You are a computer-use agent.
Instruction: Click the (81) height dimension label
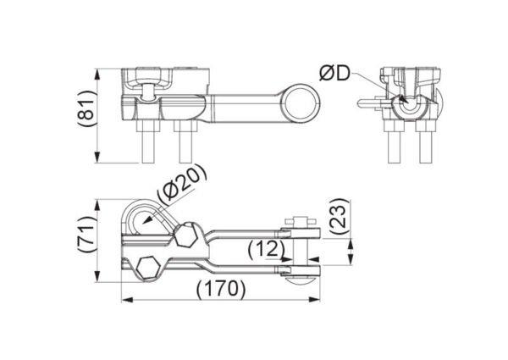(87, 108)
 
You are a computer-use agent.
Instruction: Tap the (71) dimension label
(87, 234)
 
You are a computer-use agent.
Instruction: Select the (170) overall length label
(221, 288)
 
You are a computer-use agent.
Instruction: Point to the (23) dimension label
(340, 217)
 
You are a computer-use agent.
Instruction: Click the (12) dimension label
(267, 250)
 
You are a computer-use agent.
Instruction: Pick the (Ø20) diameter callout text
(181, 185)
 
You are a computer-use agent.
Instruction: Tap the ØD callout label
(335, 75)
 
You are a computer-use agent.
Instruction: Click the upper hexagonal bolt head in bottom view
(185, 235)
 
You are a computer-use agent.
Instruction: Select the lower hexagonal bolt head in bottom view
(149, 267)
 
